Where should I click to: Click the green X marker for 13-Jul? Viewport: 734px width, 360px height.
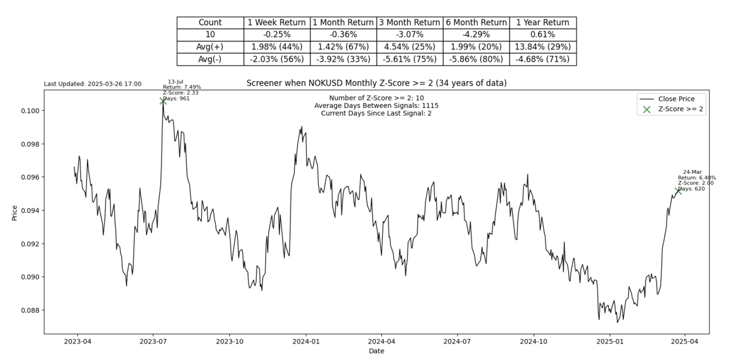click(x=163, y=101)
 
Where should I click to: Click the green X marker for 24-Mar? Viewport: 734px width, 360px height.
click(x=678, y=191)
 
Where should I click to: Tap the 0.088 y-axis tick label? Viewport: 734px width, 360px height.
click(x=30, y=311)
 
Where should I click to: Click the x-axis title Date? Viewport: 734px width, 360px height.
click(x=376, y=351)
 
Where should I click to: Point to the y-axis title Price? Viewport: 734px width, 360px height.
click(x=15, y=212)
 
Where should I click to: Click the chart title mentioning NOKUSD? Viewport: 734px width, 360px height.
click(x=376, y=83)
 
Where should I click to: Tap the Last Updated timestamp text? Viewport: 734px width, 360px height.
click(x=93, y=84)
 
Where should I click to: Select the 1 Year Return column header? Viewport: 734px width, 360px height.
click(x=543, y=23)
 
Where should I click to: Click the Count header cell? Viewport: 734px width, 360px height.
click(x=210, y=23)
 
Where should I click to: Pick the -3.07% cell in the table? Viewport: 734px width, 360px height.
click(x=409, y=35)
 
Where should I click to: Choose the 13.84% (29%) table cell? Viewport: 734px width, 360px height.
click(x=543, y=47)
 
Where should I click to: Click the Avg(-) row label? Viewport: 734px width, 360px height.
click(x=210, y=59)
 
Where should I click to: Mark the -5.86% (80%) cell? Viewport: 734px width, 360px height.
click(x=476, y=59)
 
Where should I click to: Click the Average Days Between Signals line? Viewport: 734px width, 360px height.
click(x=376, y=106)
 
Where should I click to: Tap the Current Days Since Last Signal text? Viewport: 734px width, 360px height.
click(x=376, y=113)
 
